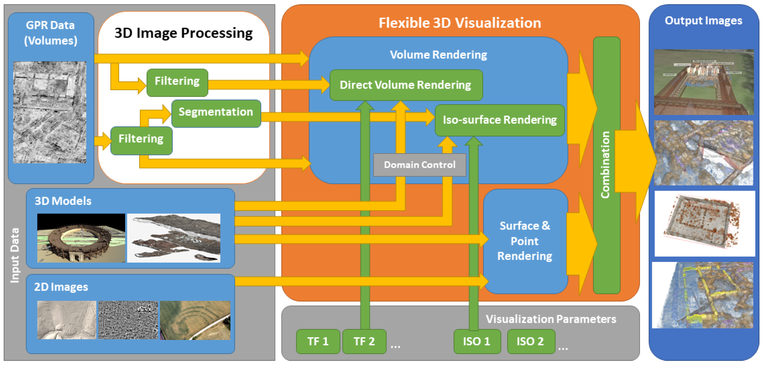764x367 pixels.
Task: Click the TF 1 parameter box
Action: coord(318,341)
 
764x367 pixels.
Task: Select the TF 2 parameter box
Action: coord(364,341)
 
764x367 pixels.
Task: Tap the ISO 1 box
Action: coord(477,341)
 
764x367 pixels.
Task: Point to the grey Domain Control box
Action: coord(419,165)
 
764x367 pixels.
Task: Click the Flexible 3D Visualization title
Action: coord(459,23)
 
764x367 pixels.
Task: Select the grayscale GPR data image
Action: coord(49,112)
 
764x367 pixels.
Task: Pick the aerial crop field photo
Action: coord(195,320)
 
